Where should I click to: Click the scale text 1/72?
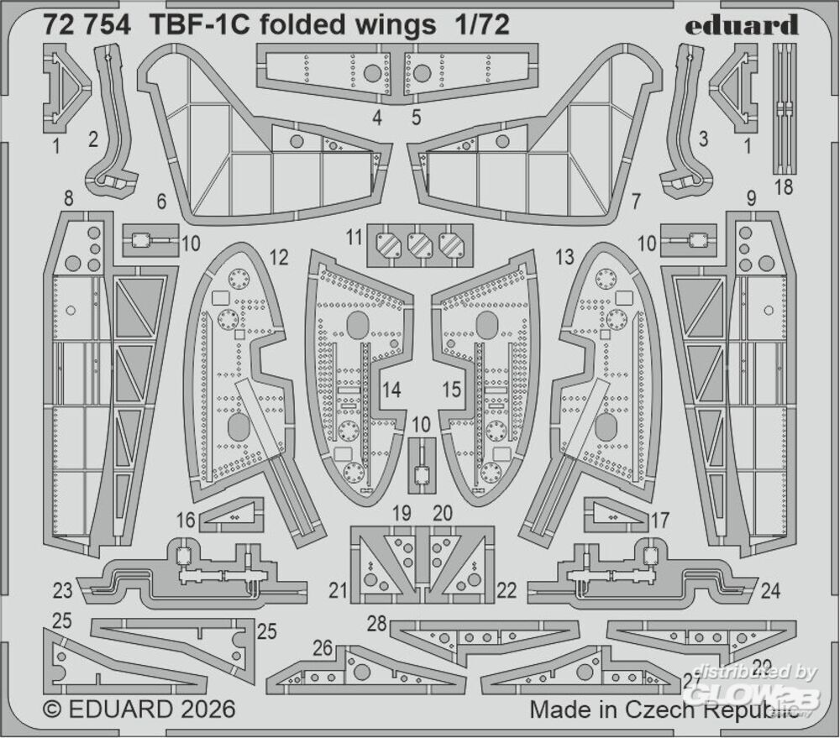pyautogui.click(x=483, y=26)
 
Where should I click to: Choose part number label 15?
pyautogui.click(x=451, y=389)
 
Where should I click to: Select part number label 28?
pyautogui.click(x=376, y=623)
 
